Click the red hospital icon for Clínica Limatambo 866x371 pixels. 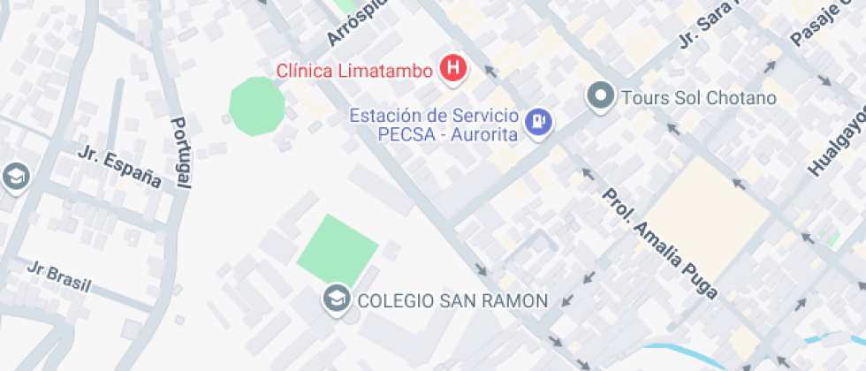453,69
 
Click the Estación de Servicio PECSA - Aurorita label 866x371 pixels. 433,125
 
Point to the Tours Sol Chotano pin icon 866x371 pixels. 602,97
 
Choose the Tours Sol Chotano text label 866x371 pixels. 698,97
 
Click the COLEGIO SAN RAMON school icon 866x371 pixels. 336,299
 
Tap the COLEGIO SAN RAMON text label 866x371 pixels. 452,300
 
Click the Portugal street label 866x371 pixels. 181,152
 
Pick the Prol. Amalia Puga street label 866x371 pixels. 659,244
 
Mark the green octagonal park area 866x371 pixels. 257,106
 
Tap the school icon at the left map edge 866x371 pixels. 15,177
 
